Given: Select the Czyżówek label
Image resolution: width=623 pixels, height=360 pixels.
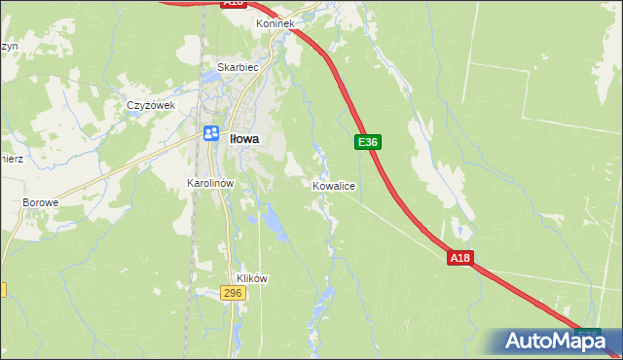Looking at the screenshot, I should (150, 105).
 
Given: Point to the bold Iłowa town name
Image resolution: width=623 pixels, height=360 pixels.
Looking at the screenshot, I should (244, 139).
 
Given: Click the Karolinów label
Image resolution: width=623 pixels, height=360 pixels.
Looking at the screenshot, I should (212, 182).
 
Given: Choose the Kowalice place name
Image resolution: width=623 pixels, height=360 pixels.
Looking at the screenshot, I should (333, 185).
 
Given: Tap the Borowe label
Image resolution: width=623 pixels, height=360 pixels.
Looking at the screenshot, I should (41, 202).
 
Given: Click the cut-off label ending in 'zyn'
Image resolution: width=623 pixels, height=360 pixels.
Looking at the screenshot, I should (8, 46).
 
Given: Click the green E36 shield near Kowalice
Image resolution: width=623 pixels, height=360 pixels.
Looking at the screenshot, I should (367, 142).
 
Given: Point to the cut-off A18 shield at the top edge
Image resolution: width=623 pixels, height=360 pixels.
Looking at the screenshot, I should (232, 4).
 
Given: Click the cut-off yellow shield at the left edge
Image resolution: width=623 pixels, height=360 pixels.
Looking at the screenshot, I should (3, 290).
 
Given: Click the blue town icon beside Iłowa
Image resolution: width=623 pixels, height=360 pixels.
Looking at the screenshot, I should (210, 133).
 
